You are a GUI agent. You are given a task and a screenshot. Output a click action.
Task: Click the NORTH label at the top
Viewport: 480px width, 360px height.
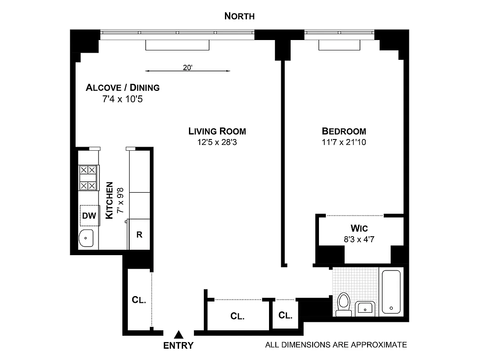click(x=239, y=16)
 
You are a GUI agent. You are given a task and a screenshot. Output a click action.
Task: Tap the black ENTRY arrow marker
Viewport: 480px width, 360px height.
click(x=179, y=334)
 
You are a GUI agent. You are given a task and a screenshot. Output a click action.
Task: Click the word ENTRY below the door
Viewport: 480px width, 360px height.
click(x=178, y=346)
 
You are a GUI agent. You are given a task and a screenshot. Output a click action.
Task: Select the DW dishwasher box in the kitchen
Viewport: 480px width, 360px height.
click(x=89, y=216)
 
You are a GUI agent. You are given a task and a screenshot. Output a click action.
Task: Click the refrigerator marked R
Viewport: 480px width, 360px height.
click(x=139, y=234)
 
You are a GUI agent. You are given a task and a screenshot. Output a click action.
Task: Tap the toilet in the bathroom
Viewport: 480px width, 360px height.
click(x=344, y=304)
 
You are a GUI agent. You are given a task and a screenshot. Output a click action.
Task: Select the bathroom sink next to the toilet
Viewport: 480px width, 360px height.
click(x=364, y=308)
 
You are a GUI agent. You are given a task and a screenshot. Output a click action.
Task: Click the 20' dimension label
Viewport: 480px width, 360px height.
click(x=188, y=67)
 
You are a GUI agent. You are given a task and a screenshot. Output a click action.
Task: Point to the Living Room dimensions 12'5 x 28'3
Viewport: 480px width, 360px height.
click(x=217, y=142)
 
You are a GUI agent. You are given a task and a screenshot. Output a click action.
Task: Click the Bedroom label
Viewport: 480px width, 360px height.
click(x=344, y=131)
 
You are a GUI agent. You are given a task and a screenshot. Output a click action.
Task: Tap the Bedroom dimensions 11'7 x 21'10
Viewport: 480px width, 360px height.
click(x=344, y=142)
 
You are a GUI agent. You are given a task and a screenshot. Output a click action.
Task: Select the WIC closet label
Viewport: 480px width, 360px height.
click(x=359, y=228)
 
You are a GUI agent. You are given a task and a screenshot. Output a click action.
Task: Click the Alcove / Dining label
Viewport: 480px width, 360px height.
click(x=122, y=87)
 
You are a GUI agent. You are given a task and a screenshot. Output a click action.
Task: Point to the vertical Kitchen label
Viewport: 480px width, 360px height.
click(x=109, y=201)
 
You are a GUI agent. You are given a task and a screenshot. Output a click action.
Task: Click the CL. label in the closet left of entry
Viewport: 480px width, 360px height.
click(x=139, y=300)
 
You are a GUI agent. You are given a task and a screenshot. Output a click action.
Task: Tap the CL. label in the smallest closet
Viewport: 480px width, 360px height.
click(x=285, y=315)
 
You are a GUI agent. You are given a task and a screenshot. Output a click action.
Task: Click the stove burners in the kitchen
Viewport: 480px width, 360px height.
click(x=88, y=177)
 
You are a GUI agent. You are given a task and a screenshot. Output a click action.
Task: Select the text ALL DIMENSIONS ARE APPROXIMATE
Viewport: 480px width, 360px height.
click(x=336, y=345)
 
